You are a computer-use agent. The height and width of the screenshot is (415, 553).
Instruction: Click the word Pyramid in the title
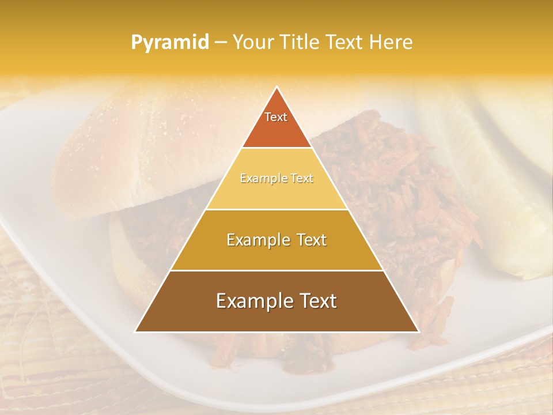click(170, 43)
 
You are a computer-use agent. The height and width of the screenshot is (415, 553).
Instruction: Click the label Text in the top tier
click(276, 117)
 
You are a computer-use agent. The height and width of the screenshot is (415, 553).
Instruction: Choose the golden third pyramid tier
click(276, 254)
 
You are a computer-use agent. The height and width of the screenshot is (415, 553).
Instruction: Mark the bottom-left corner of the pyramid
click(135, 331)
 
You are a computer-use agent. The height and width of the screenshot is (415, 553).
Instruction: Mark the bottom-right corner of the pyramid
click(418, 331)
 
